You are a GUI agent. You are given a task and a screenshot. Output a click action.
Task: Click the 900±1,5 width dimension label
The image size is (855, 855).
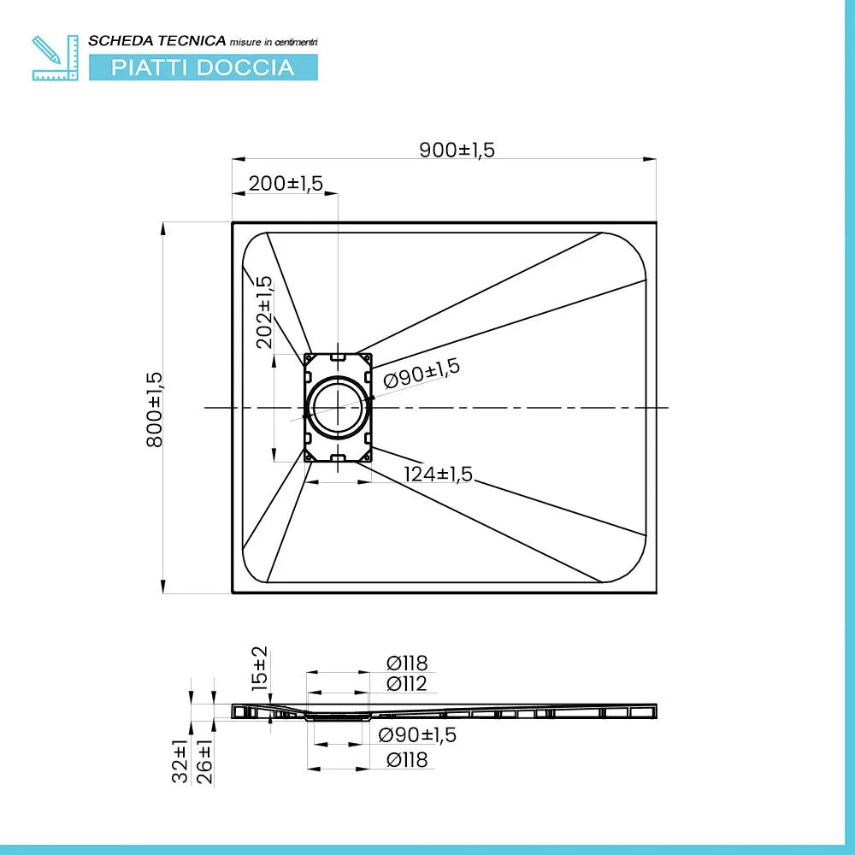(x=457, y=150)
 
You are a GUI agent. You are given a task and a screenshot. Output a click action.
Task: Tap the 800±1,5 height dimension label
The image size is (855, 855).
(x=154, y=410)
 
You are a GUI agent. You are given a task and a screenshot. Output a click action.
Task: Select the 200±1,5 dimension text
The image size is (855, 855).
(x=286, y=183)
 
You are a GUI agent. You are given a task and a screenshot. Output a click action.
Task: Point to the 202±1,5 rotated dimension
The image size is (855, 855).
(x=264, y=312)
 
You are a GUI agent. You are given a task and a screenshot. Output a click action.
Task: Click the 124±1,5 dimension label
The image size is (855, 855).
(x=438, y=474)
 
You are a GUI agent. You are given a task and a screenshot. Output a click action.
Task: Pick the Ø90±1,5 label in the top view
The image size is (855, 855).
(x=421, y=373)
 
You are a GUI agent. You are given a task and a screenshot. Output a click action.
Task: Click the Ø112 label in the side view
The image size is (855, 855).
(x=406, y=684)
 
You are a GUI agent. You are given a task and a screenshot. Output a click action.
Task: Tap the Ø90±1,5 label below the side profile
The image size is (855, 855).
(x=417, y=734)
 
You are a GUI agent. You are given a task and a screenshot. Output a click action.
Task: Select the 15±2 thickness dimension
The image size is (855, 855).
(x=260, y=669)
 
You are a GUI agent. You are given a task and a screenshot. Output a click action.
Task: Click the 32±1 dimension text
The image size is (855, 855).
(x=180, y=761)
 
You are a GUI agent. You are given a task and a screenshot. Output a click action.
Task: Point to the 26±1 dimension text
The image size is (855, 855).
(x=204, y=762)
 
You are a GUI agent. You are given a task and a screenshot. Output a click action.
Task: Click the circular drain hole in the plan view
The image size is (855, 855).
(x=338, y=407)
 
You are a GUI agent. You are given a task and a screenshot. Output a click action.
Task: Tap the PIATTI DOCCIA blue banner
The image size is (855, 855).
(x=203, y=68)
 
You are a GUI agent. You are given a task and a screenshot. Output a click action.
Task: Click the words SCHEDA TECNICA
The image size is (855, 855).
(x=157, y=41)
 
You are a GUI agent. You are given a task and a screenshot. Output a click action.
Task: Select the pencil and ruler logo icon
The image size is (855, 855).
(x=55, y=58)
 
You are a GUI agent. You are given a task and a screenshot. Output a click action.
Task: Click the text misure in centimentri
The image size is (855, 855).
(x=274, y=42)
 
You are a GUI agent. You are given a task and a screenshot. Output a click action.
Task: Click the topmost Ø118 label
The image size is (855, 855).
(x=407, y=663)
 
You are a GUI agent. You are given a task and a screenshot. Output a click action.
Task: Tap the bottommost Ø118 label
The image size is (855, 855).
(x=407, y=759)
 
